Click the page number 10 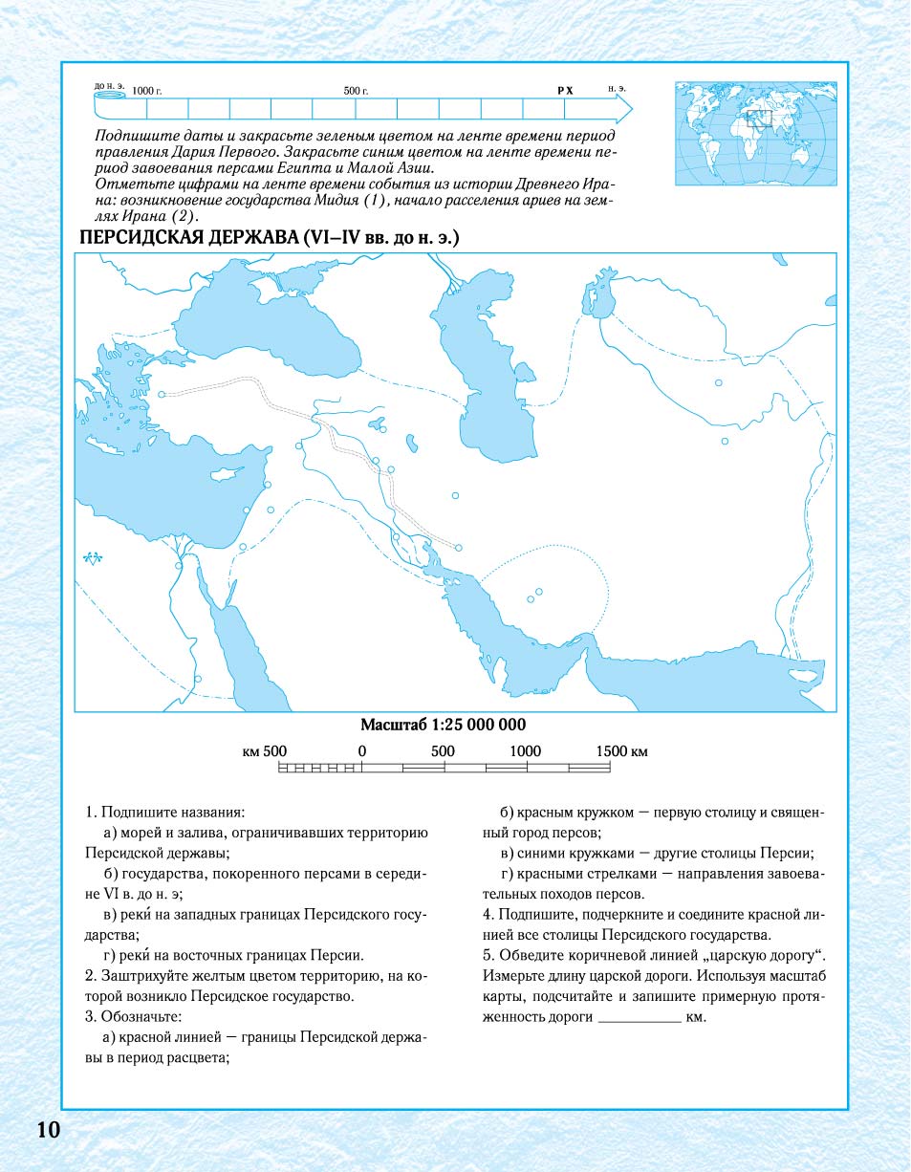[49, 1130]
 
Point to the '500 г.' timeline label [356, 90]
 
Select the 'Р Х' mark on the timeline [565, 90]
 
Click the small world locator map [749, 133]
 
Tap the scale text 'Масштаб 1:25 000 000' [443, 725]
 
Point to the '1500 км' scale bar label [621, 751]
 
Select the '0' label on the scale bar [362, 751]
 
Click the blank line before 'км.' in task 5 [639, 1018]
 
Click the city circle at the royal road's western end [162, 394]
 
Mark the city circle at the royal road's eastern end [459, 548]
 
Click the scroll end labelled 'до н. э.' [110, 92]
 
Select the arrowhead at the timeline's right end [623, 110]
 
